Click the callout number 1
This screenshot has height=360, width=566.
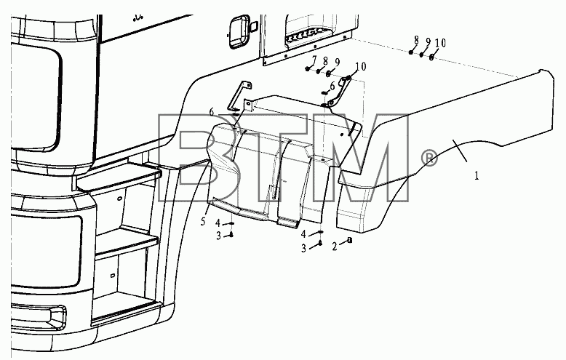[x=477, y=176]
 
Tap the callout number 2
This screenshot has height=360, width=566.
[x=335, y=247]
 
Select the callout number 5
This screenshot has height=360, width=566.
[x=203, y=222]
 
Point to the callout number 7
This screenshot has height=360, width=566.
[x=314, y=60]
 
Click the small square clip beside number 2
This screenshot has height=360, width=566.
[x=349, y=240]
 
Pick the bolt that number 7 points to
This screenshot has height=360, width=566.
[x=307, y=68]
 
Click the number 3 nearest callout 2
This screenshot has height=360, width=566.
[x=303, y=249]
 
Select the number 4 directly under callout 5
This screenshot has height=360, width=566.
[x=218, y=223]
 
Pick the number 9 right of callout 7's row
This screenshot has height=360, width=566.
[x=337, y=63]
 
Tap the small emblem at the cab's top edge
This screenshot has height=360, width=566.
[x=138, y=17]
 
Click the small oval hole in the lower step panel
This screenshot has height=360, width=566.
[x=112, y=276]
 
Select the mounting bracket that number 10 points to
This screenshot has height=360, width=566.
[x=338, y=93]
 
